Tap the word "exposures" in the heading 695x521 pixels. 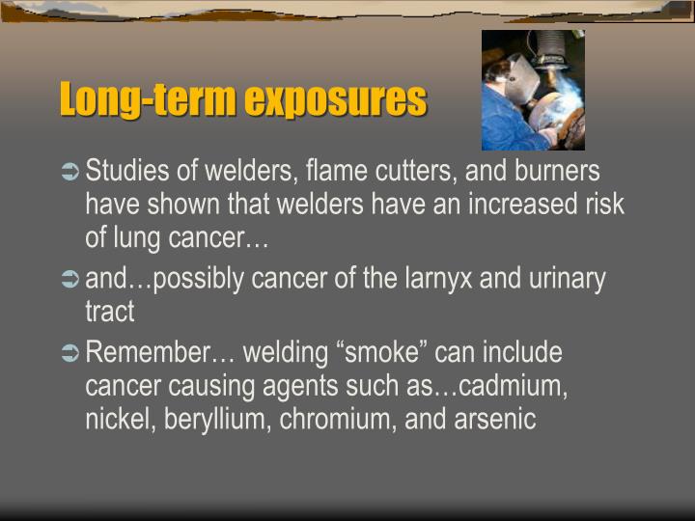[335, 100]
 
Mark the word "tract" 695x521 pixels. [109, 312]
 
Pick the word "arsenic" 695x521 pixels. [492, 419]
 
